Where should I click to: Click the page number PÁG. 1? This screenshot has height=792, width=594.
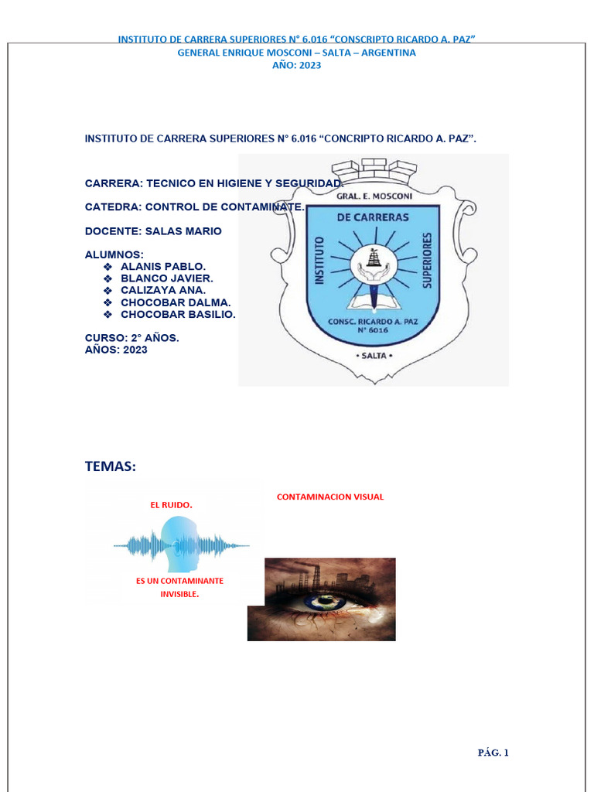click(x=492, y=752)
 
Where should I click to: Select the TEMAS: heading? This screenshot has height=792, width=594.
click(x=110, y=466)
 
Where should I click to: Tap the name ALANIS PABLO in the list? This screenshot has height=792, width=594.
click(x=163, y=265)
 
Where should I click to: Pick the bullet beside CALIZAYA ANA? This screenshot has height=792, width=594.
click(x=108, y=290)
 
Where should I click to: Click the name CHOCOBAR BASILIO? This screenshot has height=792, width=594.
click(x=178, y=315)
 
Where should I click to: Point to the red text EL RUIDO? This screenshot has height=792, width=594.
click(x=171, y=505)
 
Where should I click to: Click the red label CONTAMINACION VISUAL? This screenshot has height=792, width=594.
click(x=330, y=497)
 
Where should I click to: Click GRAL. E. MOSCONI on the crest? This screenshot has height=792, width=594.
click(x=374, y=196)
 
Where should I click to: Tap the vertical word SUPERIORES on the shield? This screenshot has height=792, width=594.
click(x=425, y=261)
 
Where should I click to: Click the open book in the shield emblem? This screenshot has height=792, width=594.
click(x=374, y=298)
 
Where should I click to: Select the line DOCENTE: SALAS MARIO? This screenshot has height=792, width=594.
click(x=152, y=231)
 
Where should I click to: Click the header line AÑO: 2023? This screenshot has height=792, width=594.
click(x=296, y=65)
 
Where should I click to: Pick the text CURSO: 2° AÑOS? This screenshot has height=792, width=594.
click(x=131, y=338)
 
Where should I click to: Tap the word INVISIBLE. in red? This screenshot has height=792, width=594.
click(x=179, y=594)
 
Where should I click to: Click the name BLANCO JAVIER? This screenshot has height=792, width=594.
click(x=167, y=278)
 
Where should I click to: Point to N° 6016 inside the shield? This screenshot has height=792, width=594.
click(x=374, y=330)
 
